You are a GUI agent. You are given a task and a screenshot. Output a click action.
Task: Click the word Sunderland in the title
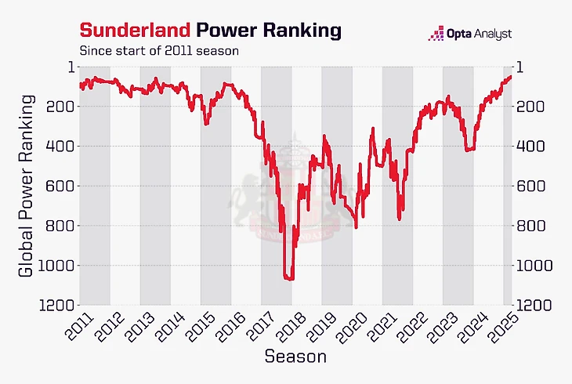point(134,30)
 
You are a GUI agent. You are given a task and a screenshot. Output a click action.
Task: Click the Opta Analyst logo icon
point(436,34)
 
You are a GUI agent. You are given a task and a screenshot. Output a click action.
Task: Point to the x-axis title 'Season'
point(295,357)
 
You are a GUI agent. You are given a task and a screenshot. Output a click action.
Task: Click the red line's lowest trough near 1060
point(289,277)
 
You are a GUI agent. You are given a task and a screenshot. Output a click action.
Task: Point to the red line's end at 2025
point(510,76)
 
